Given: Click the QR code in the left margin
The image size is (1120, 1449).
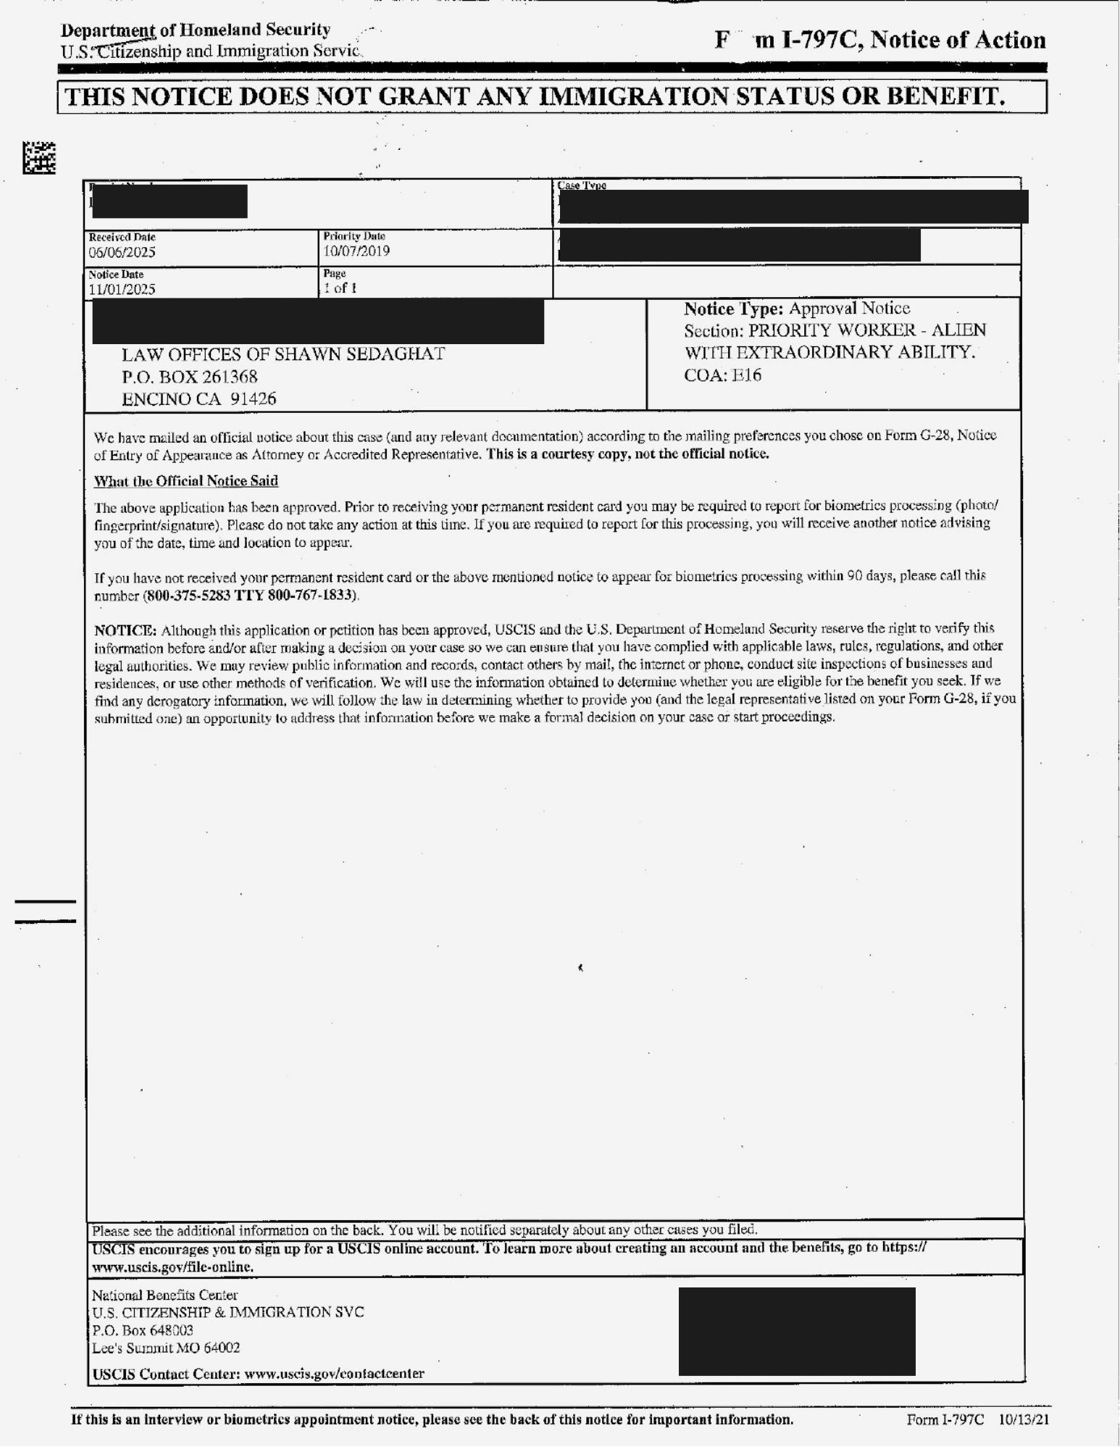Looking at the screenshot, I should pyautogui.click(x=39, y=158).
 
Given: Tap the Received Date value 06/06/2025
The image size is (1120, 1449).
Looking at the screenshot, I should pyautogui.click(x=122, y=253).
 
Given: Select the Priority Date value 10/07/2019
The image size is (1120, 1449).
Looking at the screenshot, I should pyautogui.click(x=356, y=251).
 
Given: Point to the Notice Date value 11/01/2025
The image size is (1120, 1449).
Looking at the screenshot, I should pyautogui.click(x=122, y=290).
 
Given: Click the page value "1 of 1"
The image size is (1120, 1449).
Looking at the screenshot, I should pyautogui.click(x=340, y=288).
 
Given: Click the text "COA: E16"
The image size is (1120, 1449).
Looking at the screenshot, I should pyautogui.click(x=722, y=375).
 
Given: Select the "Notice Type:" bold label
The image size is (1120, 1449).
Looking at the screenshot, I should pyautogui.click(x=733, y=309).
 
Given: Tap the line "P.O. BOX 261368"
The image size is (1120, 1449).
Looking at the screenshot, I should pyautogui.click(x=189, y=377).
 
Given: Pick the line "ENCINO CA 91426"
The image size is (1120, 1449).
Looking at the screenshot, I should pyautogui.click(x=198, y=399).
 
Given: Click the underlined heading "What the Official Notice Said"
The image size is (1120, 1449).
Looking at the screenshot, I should pyautogui.click(x=186, y=481).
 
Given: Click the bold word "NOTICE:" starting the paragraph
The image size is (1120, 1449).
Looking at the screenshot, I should pyautogui.click(x=125, y=629).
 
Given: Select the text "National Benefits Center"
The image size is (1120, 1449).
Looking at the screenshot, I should pyautogui.click(x=164, y=1295).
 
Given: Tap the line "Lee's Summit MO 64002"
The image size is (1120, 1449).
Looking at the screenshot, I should pyautogui.click(x=166, y=1348).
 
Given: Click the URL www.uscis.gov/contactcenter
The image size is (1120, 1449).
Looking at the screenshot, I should pyautogui.click(x=334, y=1374).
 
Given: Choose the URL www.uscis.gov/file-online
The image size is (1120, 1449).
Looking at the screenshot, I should pyautogui.click(x=172, y=1267).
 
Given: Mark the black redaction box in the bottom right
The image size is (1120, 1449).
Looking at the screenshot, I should pyautogui.click(x=797, y=1331).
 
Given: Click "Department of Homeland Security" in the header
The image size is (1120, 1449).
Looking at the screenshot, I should pyautogui.click(x=196, y=30).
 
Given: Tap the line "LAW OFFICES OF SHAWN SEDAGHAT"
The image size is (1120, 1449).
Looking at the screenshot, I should pyautogui.click(x=283, y=354).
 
